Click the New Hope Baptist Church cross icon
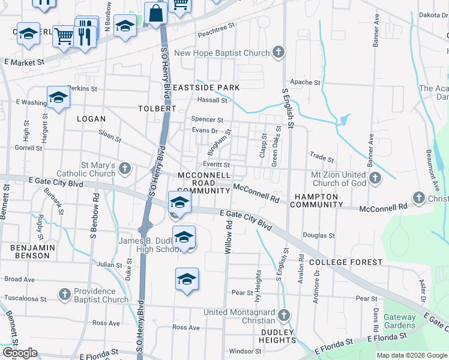[278, 53]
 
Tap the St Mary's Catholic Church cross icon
[125, 168]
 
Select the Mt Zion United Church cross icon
[375, 178]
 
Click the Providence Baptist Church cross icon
[65, 294]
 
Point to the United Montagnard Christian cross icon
[284, 315]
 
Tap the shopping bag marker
[155, 13]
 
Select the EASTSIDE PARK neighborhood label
[206, 88]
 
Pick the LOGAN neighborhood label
[91, 119]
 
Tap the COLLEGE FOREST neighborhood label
[346, 262]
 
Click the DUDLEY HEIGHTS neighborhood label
[277, 336]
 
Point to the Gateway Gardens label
[399, 322]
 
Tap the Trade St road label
[322, 158]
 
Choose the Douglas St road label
[319, 235]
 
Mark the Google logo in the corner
[20, 353]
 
